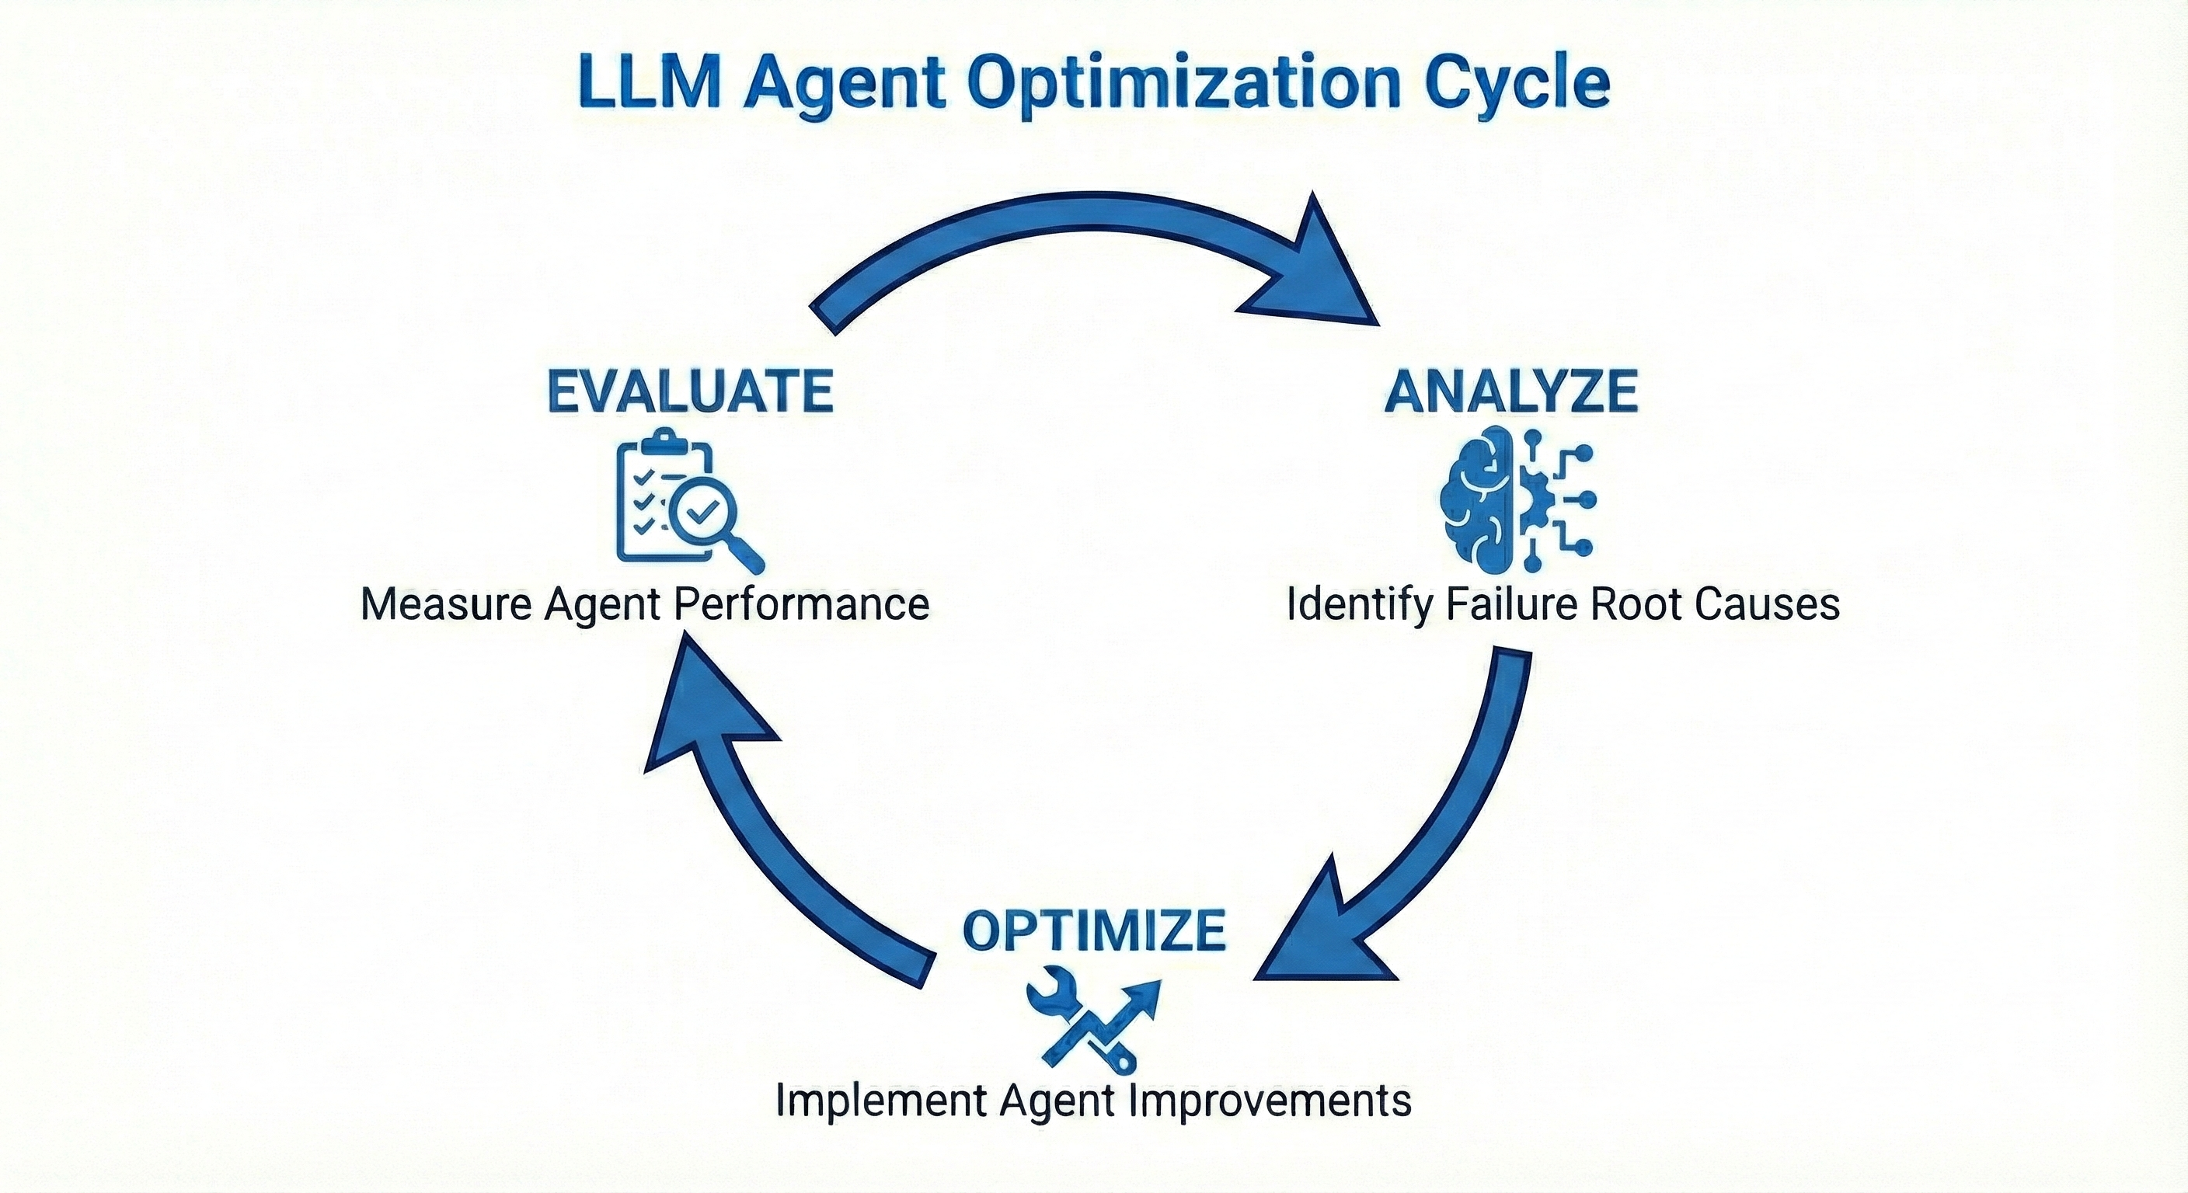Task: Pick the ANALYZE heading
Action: pos(1511,391)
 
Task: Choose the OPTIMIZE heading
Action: pos(1094,930)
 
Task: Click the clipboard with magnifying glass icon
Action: pos(688,501)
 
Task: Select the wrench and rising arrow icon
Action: pos(1092,1022)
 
